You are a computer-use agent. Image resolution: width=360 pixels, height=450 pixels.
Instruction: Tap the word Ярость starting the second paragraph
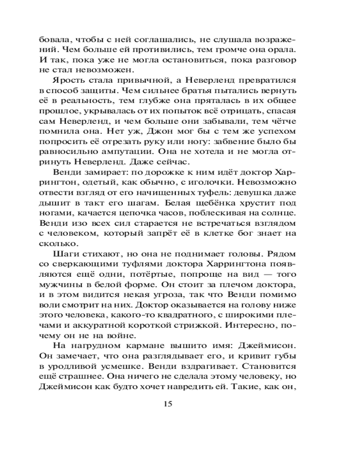tap(84, 81)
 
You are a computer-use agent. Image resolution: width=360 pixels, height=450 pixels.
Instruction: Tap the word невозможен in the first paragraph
tap(108, 70)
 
